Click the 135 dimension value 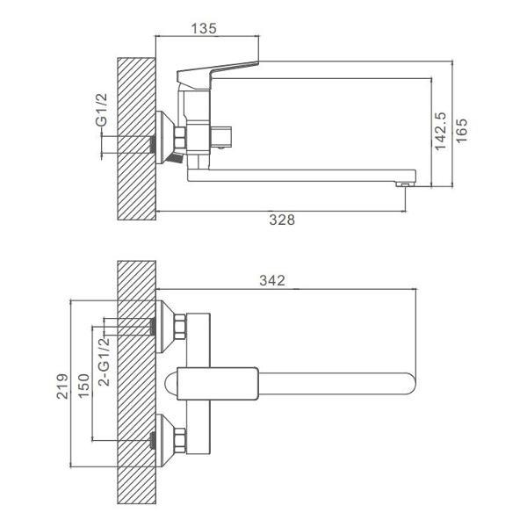pyautogui.click(x=204, y=29)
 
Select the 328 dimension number pyautogui.click(x=282, y=220)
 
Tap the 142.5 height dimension pyautogui.click(x=440, y=131)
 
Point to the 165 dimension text pyautogui.click(x=461, y=130)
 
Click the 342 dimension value pyautogui.click(x=272, y=281)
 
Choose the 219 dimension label pyautogui.click(x=62, y=386)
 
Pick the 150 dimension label pyautogui.click(x=84, y=386)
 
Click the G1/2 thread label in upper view pyautogui.click(x=102, y=110)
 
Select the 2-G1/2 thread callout pyautogui.click(x=104, y=361)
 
